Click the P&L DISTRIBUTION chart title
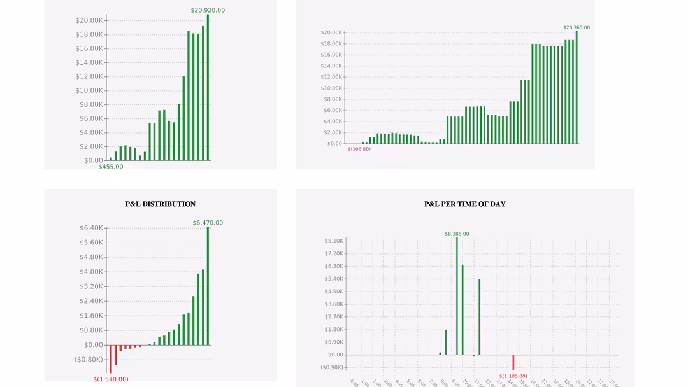[x=161, y=204]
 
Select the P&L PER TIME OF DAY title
[x=465, y=204]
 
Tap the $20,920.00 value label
[x=208, y=10]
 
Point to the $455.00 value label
[x=111, y=167]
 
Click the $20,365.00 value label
[x=577, y=27]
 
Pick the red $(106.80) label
[x=359, y=149]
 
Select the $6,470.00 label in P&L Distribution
[x=208, y=223]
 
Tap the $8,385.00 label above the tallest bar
[x=457, y=234]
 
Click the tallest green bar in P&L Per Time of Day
[x=457, y=296]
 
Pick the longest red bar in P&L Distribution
[x=111, y=359]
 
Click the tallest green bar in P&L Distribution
[x=208, y=286]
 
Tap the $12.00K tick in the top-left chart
[x=89, y=76]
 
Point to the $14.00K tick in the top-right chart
[x=331, y=66]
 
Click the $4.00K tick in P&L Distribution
[x=91, y=272]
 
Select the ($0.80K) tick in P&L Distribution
[x=89, y=360]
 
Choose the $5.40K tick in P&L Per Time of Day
[x=334, y=279]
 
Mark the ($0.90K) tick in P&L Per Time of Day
[x=331, y=367]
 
